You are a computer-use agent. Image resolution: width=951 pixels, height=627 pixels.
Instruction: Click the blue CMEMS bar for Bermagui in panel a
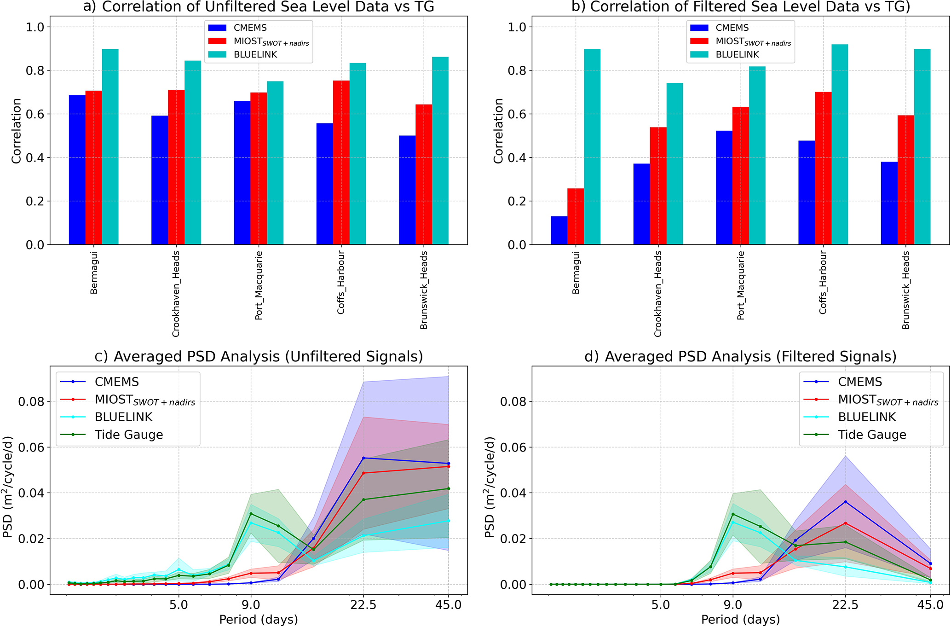tap(77, 170)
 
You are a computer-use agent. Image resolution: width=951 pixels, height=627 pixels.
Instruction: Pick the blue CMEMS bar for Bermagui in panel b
tap(559, 230)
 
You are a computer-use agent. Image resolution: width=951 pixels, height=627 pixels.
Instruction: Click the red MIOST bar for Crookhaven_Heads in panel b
tap(658, 186)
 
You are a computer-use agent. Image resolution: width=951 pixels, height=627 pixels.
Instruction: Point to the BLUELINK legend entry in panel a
tap(255, 54)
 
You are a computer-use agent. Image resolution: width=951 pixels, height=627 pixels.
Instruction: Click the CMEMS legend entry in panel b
tap(732, 28)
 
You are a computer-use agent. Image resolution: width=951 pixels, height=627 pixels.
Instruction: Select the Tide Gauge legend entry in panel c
tap(129, 435)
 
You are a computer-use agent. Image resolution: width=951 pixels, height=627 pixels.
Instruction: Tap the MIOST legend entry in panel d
tap(888, 400)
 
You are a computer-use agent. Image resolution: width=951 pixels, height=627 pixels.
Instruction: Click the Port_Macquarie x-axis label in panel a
tap(259, 285)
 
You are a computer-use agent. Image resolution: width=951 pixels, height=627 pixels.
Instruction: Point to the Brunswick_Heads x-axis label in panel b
tap(906, 290)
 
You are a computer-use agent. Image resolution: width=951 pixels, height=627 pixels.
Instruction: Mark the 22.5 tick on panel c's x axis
tap(363, 604)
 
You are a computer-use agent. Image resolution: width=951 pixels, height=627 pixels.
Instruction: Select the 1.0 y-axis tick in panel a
tap(35, 27)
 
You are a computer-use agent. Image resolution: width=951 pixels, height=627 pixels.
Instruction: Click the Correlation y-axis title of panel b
tap(498, 131)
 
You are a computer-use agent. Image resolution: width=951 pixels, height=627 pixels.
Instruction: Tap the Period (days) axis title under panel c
tap(259, 620)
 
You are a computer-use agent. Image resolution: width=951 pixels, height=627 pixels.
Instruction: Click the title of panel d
tap(740, 357)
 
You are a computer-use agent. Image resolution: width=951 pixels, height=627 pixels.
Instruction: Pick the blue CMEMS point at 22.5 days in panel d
tap(845, 502)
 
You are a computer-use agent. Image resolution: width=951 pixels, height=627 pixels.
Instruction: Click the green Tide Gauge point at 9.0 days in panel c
tap(251, 514)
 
